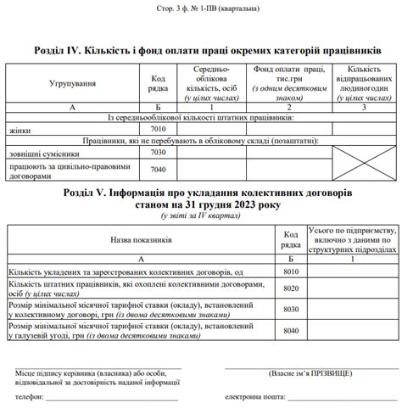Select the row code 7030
(157, 153)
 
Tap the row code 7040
(157, 169)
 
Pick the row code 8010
(291, 271)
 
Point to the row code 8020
(291, 289)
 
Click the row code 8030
(291, 310)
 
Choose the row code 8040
(291, 330)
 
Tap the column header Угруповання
(72, 84)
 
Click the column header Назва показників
(141, 240)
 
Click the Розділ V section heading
(200, 197)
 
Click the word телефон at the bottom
(28, 396)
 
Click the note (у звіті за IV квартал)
(200, 218)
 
